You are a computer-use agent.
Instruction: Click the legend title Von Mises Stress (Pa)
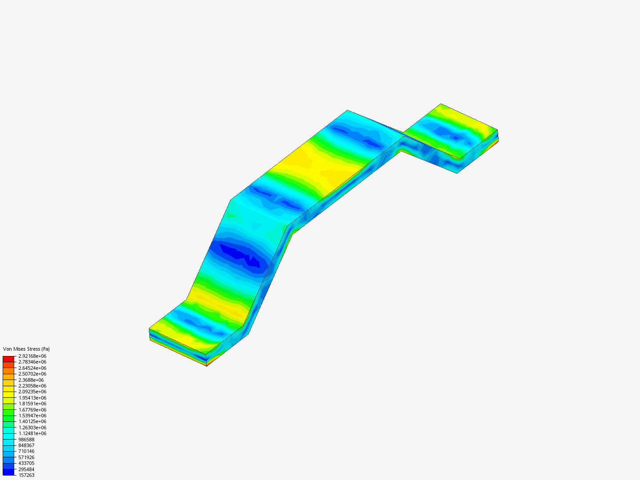(x=26, y=349)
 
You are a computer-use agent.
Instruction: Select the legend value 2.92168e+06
(x=32, y=356)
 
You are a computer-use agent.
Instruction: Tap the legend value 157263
(x=26, y=475)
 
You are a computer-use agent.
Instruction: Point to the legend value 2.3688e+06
(x=31, y=380)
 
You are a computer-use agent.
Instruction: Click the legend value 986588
(x=26, y=440)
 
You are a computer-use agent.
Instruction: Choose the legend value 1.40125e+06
(x=32, y=421)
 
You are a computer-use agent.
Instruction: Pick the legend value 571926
(x=26, y=457)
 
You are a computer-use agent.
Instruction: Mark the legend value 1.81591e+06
(x=32, y=404)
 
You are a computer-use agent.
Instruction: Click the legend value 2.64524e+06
(x=32, y=368)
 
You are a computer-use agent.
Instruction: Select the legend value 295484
(x=26, y=469)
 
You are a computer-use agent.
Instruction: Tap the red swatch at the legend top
(x=8, y=359)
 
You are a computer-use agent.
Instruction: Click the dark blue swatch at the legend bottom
(x=8, y=472)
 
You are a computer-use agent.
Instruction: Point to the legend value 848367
(x=26, y=445)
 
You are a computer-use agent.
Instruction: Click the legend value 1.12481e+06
(x=32, y=433)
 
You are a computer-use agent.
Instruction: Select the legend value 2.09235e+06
(x=32, y=392)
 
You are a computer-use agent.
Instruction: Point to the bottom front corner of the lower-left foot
(x=207, y=366)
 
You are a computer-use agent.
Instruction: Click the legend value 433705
(x=26, y=463)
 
